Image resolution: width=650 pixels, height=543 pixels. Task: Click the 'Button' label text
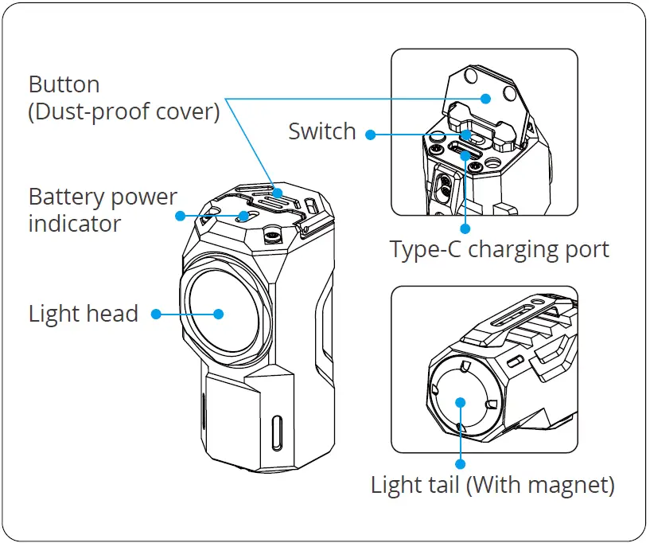pyautogui.click(x=64, y=84)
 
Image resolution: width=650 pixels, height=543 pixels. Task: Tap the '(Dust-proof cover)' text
pyautogui.click(x=123, y=111)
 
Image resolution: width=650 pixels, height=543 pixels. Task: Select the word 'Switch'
pyautogui.click(x=322, y=131)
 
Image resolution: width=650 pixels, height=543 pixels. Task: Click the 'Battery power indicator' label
pyautogui.click(x=103, y=209)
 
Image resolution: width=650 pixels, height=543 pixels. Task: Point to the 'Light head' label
pyautogui.click(x=83, y=314)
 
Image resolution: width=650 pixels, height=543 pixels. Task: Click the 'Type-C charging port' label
pyautogui.click(x=499, y=249)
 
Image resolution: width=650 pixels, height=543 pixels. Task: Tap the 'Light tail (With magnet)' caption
pyautogui.click(x=492, y=483)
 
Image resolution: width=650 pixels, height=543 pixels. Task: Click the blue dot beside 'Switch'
pyautogui.click(x=371, y=134)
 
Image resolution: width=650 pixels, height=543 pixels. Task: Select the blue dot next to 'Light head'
pyautogui.click(x=156, y=314)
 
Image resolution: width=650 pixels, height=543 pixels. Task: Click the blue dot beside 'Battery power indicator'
pyautogui.click(x=181, y=216)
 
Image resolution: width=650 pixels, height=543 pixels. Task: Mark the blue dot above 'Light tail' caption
pyautogui.click(x=461, y=462)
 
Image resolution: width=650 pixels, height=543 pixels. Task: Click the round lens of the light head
pyautogui.click(x=219, y=312)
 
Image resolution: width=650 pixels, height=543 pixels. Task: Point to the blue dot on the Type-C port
pyautogui.click(x=465, y=154)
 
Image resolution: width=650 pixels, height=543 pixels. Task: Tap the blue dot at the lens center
pyautogui.click(x=219, y=314)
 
